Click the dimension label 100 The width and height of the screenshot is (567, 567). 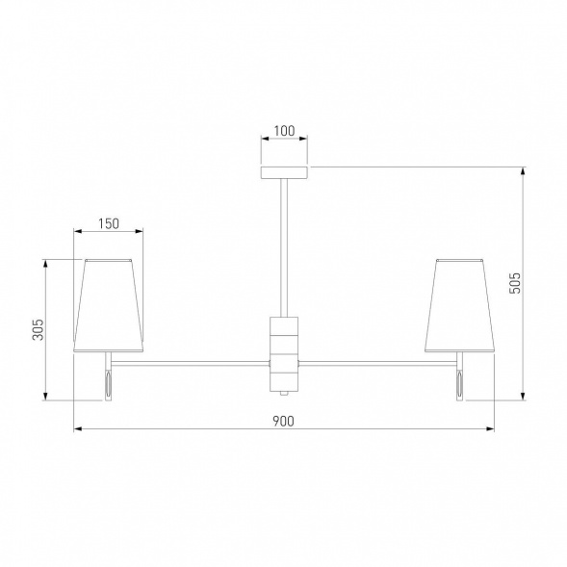point(284,131)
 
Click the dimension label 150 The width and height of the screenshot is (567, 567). point(109,224)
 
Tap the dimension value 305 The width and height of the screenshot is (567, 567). point(38,329)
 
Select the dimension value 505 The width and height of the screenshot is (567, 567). point(515,283)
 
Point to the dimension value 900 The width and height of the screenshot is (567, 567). point(283,422)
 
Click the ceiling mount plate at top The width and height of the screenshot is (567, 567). point(284,172)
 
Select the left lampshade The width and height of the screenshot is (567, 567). point(109,305)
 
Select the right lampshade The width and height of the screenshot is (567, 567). point(459,305)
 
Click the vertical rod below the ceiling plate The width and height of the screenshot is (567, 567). point(284,247)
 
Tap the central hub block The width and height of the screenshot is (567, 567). point(284,354)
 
